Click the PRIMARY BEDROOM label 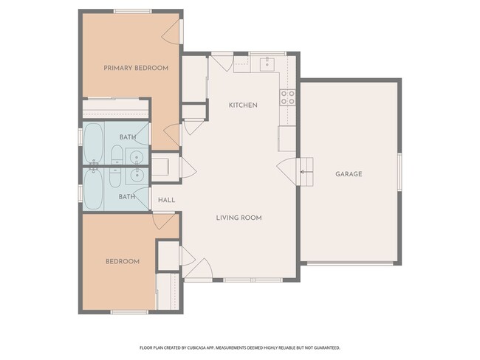[136, 68]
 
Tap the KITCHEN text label [243, 105]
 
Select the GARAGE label [349, 174]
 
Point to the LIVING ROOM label [239, 218]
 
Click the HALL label [166, 200]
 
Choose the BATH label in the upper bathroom [128, 137]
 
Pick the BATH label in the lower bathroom [127, 196]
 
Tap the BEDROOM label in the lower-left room [123, 261]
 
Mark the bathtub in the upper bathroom [93, 145]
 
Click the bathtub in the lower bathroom [93, 190]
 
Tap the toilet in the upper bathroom [116, 155]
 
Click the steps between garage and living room [305, 168]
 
